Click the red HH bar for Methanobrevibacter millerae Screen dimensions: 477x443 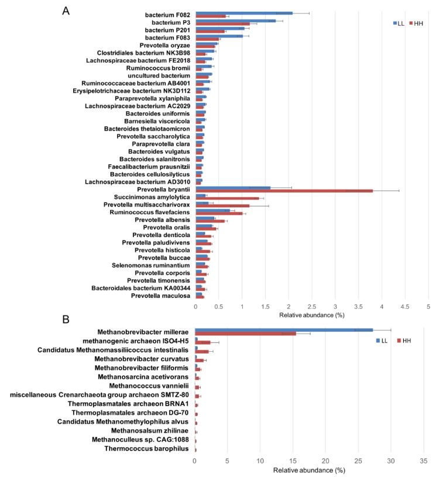(x=245, y=334)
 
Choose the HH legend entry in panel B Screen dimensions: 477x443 (x=404, y=341)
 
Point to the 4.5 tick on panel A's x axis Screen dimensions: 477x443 (x=405, y=306)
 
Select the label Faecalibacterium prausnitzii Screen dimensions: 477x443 (x=149, y=166)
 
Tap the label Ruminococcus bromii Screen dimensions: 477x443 (x=157, y=68)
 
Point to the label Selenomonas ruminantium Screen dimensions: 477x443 (x=151, y=265)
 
